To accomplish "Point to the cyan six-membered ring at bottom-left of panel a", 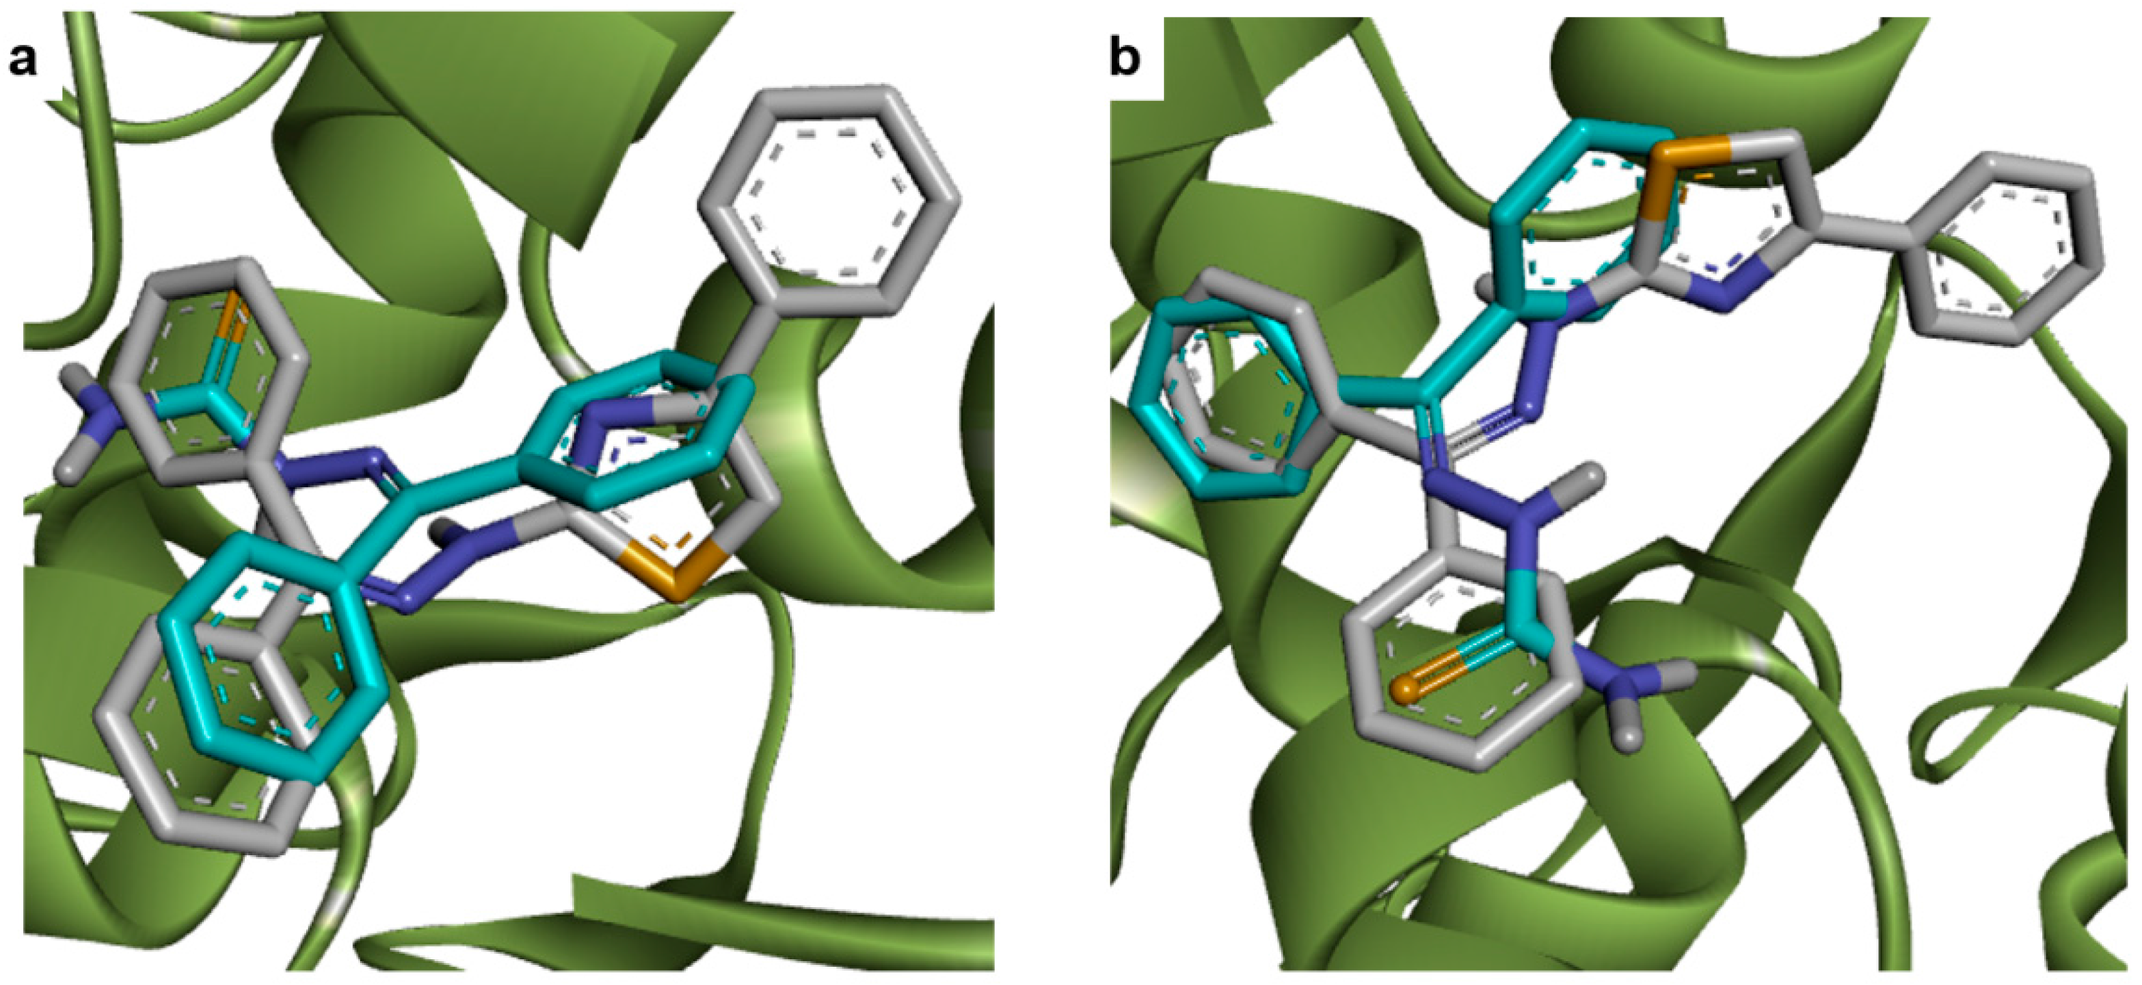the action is tap(271, 656).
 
